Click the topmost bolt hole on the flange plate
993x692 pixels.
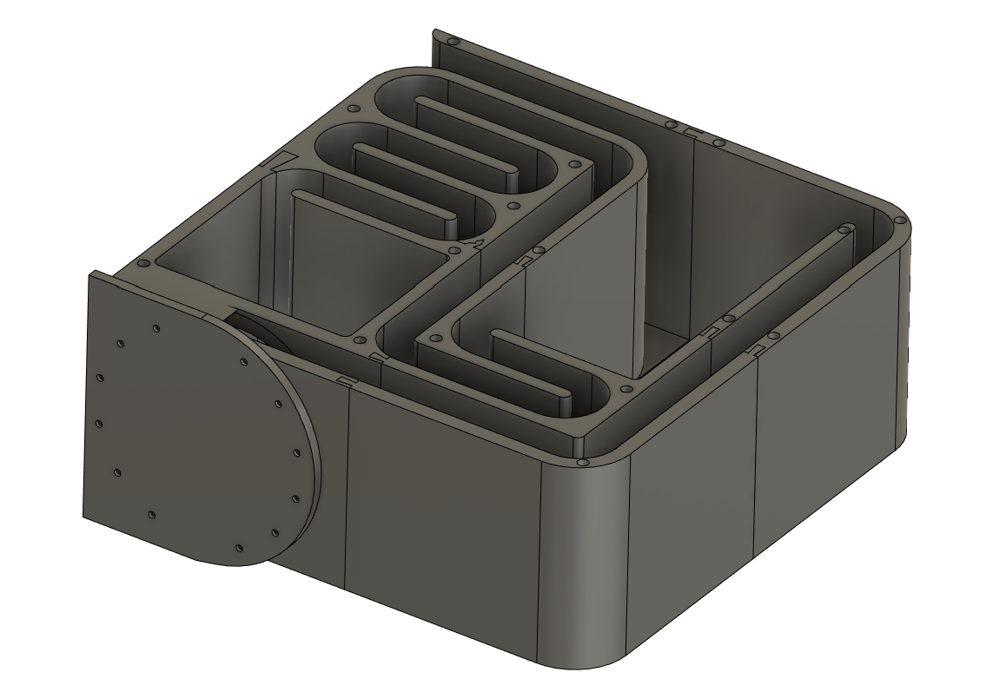pos(156,328)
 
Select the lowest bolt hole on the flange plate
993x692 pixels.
pos(239,547)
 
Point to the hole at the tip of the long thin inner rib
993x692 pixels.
pos(841,231)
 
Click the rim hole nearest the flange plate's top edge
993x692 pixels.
pos(141,263)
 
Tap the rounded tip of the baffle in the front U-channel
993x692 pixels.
pos(563,401)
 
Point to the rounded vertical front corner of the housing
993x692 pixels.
pos(582,564)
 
